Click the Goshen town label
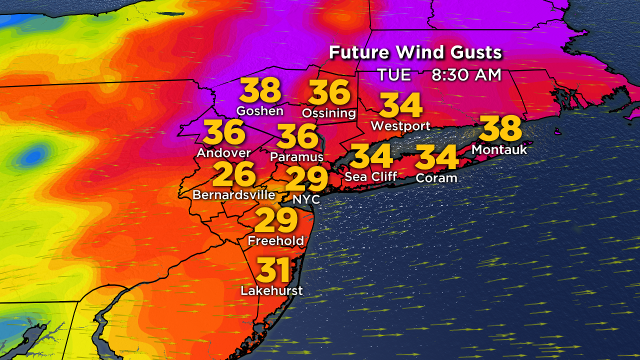(260, 110)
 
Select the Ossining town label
(329, 113)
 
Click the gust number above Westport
(401, 106)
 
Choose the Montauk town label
(499, 149)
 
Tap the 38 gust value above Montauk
(500, 128)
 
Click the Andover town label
(223, 152)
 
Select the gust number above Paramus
(297, 136)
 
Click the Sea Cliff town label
(371, 176)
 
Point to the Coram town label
(436, 177)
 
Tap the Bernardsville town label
(234, 194)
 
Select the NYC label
(306, 198)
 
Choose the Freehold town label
(276, 240)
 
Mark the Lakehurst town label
(272, 290)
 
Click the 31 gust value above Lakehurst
(273, 270)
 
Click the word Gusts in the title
(472, 52)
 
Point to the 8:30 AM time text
(466, 74)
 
